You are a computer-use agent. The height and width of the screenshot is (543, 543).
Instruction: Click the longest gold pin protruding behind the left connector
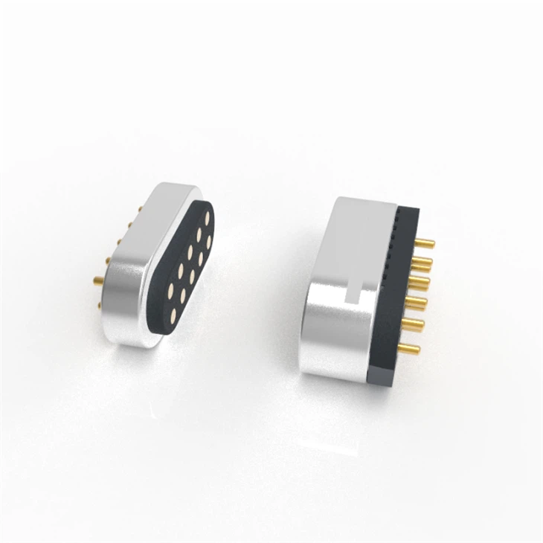click(98, 281)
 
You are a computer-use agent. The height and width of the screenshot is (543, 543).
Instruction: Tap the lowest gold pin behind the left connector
click(98, 281)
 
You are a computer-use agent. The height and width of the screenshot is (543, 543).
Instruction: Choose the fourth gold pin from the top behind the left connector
click(109, 260)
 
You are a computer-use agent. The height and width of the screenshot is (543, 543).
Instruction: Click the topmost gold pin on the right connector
click(426, 242)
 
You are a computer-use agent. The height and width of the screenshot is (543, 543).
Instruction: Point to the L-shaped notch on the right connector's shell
click(359, 292)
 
